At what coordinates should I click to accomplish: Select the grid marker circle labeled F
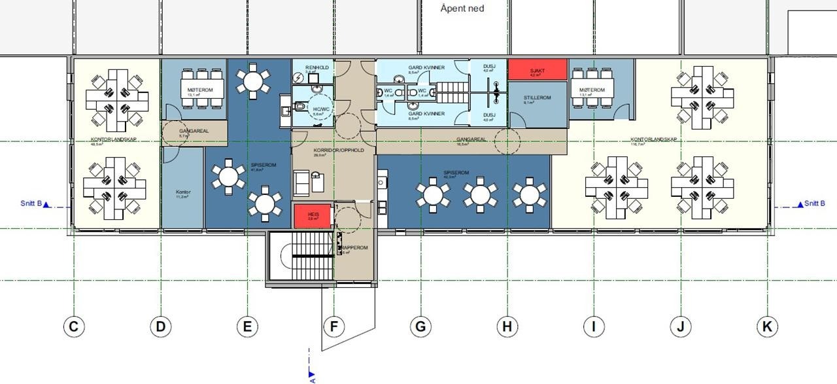(x=333, y=326)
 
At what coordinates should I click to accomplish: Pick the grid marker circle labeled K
(x=767, y=326)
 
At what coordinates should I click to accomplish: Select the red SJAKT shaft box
(x=536, y=69)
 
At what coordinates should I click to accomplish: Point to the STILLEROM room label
(x=537, y=98)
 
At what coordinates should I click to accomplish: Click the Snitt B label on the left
(x=31, y=204)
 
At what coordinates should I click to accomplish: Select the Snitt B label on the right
(x=814, y=204)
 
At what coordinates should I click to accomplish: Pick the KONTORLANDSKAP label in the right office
(x=653, y=139)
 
